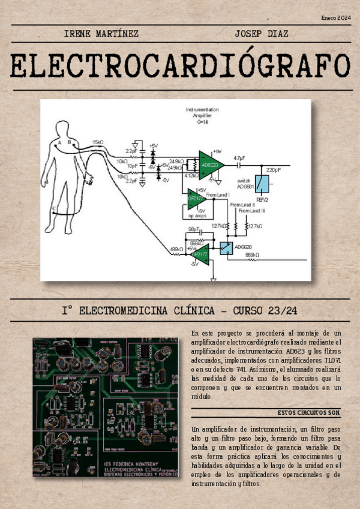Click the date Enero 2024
(336, 19)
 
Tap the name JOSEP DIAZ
(262, 34)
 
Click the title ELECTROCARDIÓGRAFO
(180, 67)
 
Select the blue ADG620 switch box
(226, 247)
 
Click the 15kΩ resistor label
(98, 142)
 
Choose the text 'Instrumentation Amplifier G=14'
(202, 115)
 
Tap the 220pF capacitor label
(274, 170)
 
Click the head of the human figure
(62, 128)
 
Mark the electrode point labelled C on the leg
(55, 209)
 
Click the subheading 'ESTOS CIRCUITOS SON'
(309, 413)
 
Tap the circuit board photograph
(106, 407)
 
